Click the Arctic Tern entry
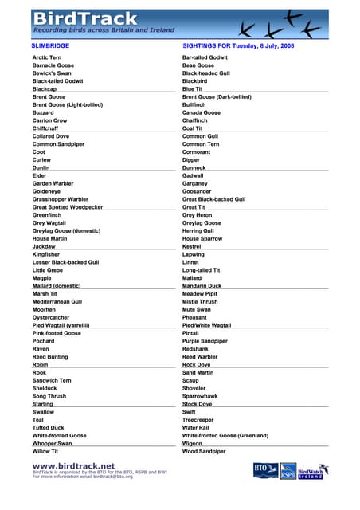pyautogui.click(x=47, y=58)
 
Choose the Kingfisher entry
pyautogui.click(x=46, y=254)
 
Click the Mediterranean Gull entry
pyautogui.click(x=57, y=302)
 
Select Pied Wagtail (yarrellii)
pyautogui.click(x=61, y=325)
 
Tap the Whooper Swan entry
pyautogui.click(x=52, y=443)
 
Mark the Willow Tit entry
pyautogui.click(x=45, y=452)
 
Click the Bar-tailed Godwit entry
pyautogui.click(x=205, y=58)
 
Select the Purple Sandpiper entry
pyautogui.click(x=205, y=341)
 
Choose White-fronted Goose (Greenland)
pyautogui.click(x=225, y=436)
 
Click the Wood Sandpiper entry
pyautogui.click(x=204, y=452)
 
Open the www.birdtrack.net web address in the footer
pyautogui.click(x=73, y=466)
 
